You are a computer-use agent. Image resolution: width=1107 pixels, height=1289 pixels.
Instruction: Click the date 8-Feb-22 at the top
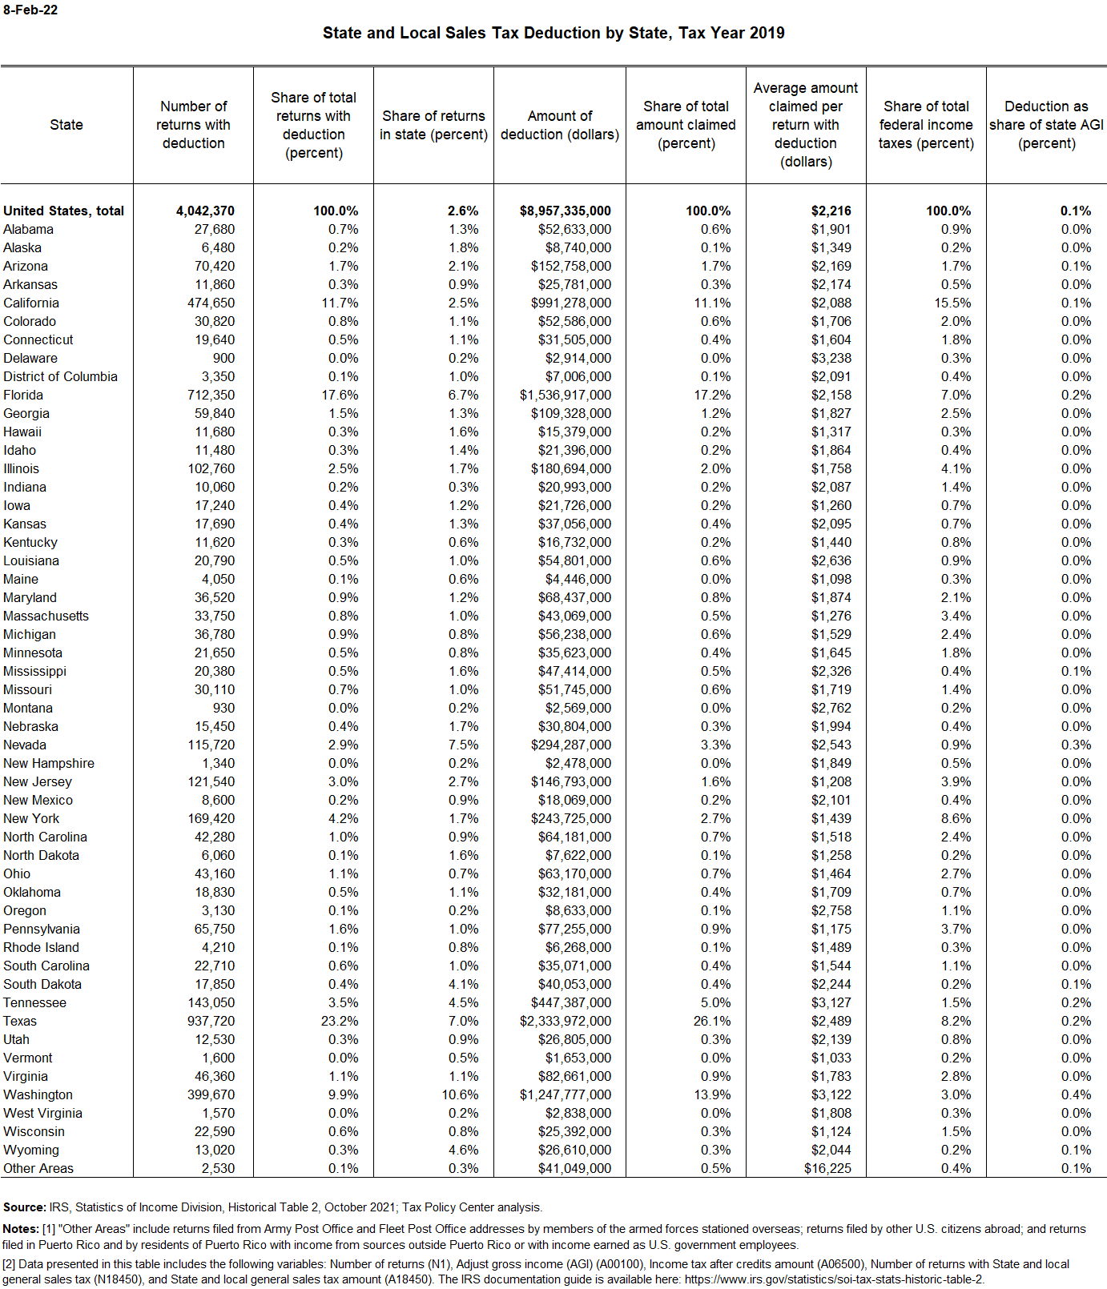coord(30,10)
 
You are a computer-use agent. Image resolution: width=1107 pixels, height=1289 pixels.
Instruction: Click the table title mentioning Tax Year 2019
coord(553,33)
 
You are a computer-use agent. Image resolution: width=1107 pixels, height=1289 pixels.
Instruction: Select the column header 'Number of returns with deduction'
coord(193,125)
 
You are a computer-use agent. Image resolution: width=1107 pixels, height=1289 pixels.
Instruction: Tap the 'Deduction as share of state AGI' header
coord(1046,125)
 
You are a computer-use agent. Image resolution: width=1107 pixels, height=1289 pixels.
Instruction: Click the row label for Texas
coord(20,1021)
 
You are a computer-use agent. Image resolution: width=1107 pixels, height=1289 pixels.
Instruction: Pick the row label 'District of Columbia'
coord(60,376)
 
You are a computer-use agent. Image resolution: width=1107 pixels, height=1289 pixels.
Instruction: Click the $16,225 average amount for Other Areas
coord(827,1168)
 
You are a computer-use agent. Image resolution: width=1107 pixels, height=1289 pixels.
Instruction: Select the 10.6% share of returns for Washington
coord(460,1094)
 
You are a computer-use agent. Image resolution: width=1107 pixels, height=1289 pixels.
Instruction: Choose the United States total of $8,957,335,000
coord(565,211)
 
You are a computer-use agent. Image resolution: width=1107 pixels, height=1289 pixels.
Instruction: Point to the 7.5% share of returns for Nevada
coord(464,745)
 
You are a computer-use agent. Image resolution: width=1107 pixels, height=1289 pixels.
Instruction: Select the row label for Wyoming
coord(31,1150)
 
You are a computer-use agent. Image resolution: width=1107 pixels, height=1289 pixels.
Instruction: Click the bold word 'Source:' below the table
coord(25,1207)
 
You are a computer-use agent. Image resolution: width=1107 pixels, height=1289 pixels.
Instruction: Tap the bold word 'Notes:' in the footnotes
coord(22,1229)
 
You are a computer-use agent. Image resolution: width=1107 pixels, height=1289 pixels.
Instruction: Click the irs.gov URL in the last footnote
coord(834,1279)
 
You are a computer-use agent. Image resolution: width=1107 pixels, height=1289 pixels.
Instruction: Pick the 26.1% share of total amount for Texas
coord(711,1021)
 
